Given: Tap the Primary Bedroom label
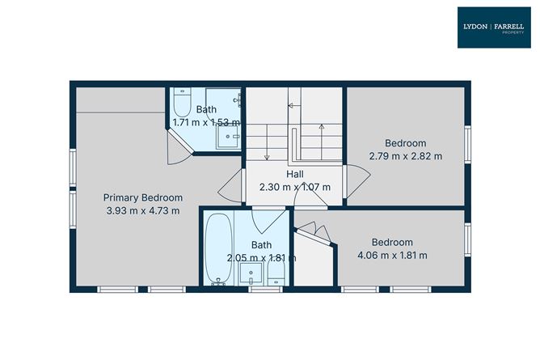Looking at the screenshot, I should coord(142,197).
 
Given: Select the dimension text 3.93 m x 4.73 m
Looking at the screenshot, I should coord(142,210).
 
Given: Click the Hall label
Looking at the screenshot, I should coord(295,174).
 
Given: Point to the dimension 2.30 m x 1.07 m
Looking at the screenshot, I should coord(295,187).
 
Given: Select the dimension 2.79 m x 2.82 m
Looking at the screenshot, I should coord(406,156).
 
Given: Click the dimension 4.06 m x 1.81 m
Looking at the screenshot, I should coord(392,256).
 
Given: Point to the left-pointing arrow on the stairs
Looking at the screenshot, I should coord(292,106).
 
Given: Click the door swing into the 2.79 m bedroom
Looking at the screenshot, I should coord(353,176).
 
